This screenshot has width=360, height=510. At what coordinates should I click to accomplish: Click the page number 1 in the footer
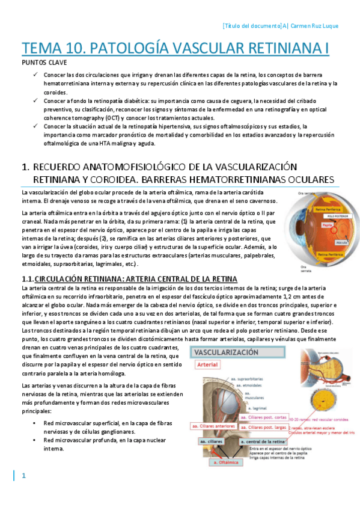point(24,476)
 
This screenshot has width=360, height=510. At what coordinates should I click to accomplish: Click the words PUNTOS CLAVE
point(41,63)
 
